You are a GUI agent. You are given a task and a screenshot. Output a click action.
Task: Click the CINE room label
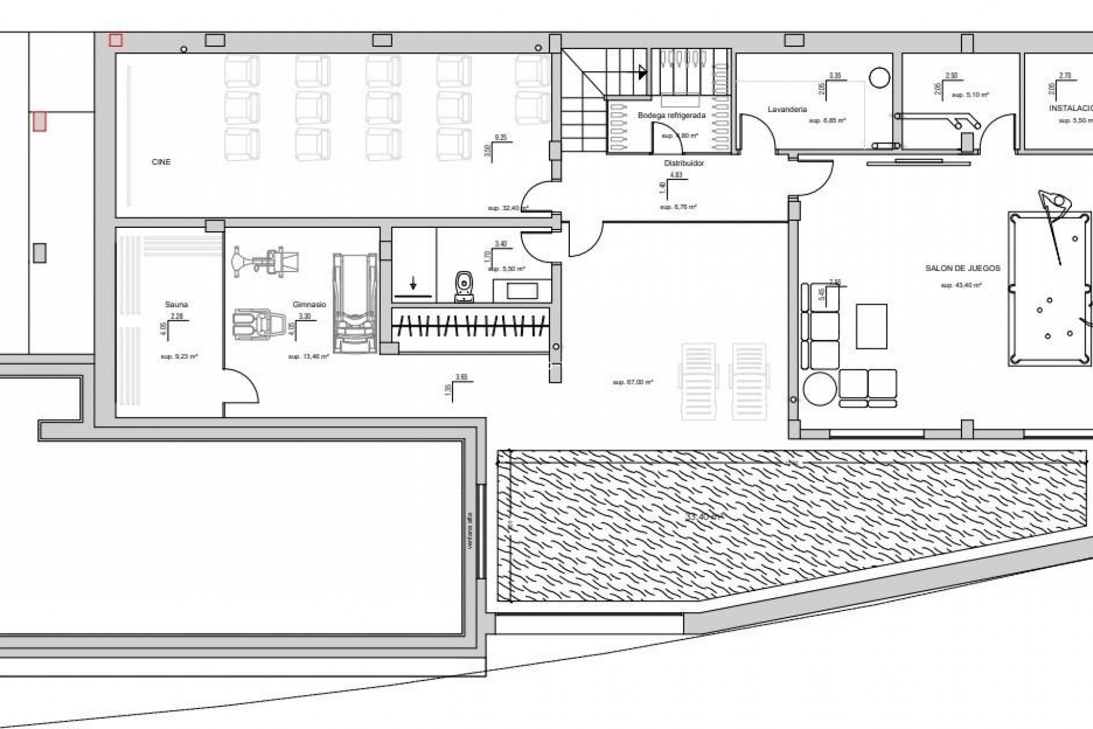pos(161,162)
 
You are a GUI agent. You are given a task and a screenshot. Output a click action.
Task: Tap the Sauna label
pos(176,305)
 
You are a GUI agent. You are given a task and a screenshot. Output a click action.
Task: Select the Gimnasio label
pos(309,305)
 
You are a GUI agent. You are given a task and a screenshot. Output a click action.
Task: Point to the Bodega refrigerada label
pos(671,116)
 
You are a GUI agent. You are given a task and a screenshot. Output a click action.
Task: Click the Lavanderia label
pos(787,109)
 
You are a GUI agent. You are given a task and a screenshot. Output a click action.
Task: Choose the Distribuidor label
pos(684,163)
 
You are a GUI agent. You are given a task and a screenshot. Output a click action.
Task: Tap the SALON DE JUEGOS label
pos(963,268)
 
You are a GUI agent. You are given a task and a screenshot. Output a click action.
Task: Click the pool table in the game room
pos(1049,289)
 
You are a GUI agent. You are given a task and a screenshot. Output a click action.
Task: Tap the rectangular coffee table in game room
pos(871,326)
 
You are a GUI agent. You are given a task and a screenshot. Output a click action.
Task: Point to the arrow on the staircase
pos(643,72)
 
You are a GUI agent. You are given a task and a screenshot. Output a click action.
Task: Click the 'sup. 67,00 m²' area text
pos(632,383)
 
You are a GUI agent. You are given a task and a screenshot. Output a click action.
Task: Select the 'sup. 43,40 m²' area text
pos(961,285)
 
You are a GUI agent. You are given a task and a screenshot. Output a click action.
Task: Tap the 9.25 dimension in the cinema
pos(500,137)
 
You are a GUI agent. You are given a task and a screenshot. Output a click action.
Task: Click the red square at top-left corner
pos(116,40)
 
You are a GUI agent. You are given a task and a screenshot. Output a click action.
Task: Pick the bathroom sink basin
pos(521,291)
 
